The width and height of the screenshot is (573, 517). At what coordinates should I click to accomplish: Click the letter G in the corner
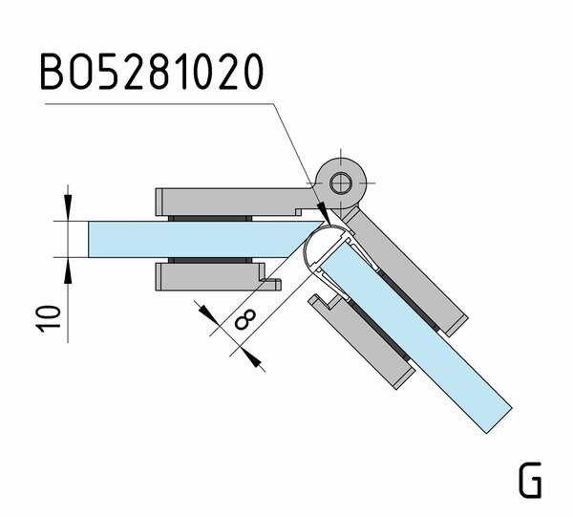(530, 480)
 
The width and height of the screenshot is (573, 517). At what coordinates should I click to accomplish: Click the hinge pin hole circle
(339, 182)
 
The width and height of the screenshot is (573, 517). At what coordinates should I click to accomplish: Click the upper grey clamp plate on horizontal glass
(229, 202)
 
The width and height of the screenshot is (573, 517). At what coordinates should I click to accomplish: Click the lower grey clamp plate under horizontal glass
(205, 277)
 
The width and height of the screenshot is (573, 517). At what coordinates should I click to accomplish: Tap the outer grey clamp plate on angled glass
(411, 268)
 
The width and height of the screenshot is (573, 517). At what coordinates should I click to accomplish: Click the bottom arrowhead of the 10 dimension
(69, 269)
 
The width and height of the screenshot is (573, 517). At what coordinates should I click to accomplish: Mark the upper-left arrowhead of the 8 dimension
(204, 311)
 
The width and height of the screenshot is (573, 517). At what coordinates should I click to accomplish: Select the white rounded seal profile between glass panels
(319, 251)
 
